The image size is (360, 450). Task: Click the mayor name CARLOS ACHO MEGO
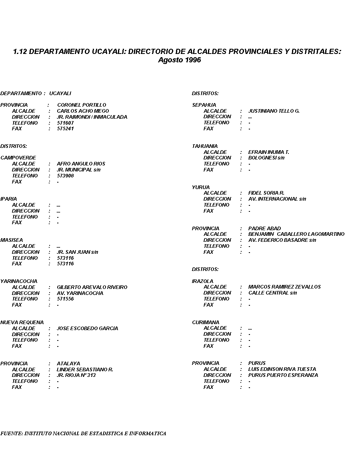83,111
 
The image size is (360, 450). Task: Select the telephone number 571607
65,123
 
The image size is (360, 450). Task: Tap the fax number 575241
65,129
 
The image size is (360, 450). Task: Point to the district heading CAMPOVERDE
18,158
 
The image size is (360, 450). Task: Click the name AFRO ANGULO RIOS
81,164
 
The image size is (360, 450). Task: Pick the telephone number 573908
65,176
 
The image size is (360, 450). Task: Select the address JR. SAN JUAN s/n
77,252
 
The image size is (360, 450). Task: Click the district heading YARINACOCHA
19,281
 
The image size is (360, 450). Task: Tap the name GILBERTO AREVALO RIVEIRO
92,287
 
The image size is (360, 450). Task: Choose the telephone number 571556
65,299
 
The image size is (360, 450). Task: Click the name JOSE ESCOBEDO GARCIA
87,329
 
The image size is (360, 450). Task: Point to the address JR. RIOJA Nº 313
76,375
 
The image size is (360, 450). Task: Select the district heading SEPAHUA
204,105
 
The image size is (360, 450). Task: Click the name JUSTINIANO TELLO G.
274,111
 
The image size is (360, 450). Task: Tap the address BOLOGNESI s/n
266,158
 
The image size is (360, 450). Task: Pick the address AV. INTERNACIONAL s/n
277,199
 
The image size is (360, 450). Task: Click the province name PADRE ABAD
264,229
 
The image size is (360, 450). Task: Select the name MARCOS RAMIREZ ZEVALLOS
284,287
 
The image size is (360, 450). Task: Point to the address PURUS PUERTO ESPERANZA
283,375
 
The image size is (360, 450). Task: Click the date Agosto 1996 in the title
180,60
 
